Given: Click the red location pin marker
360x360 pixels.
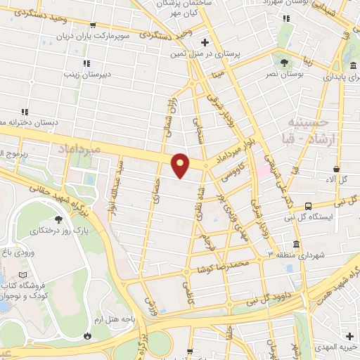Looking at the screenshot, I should (x=181, y=165).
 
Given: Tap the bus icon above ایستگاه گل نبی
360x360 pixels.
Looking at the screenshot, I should (x=308, y=206).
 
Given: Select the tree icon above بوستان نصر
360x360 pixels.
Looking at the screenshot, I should (x=283, y=62).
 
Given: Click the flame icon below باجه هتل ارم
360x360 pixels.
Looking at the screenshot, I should (x=87, y=336).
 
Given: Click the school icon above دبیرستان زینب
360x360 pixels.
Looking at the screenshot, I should (x=87, y=63).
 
